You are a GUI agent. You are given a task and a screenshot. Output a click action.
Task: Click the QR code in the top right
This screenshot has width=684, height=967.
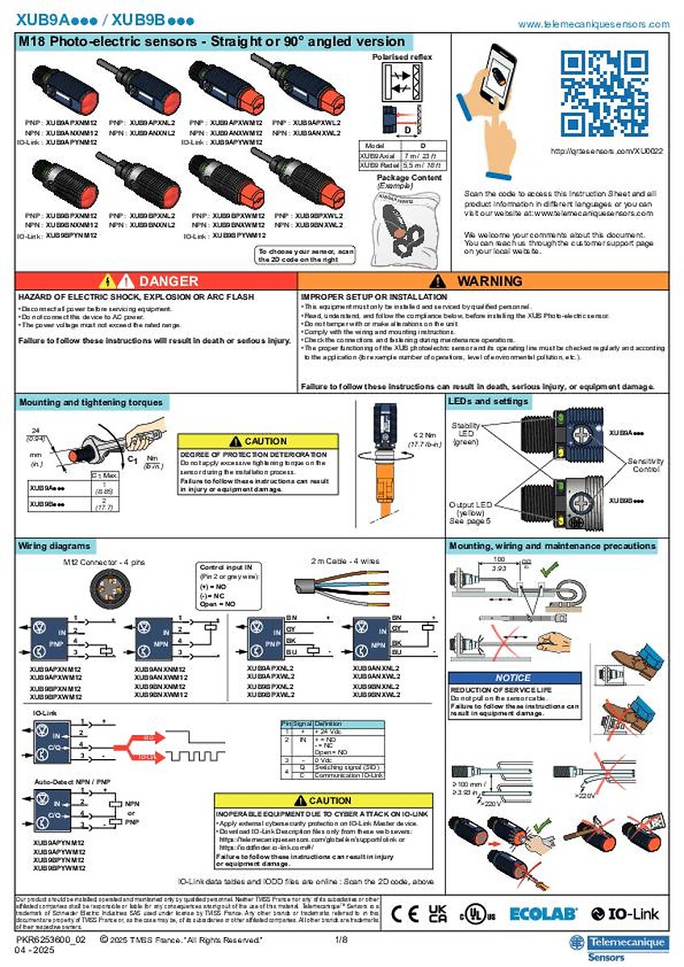pos(603,92)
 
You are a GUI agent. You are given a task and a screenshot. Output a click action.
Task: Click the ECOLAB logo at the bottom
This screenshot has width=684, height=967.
pos(543,914)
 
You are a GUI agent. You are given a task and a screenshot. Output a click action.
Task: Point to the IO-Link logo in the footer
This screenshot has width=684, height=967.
pos(631,914)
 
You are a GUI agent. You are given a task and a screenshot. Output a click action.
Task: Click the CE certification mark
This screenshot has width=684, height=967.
pos(406,914)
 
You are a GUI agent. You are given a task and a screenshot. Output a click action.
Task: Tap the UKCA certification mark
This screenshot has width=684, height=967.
pos(437,914)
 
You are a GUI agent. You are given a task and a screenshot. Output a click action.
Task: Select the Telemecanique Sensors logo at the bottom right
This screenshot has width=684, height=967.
pos(618,946)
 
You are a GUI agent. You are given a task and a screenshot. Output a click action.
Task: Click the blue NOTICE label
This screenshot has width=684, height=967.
pos(513,678)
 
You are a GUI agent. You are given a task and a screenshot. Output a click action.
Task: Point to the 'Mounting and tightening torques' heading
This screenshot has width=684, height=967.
pos(90,402)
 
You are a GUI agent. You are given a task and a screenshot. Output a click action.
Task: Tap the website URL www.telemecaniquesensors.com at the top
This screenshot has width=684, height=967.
pos(593,24)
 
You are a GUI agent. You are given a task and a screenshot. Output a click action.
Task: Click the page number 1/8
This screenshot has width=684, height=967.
pos(341,940)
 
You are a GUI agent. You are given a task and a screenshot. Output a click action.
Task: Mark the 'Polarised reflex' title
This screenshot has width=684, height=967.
pos(402,57)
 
